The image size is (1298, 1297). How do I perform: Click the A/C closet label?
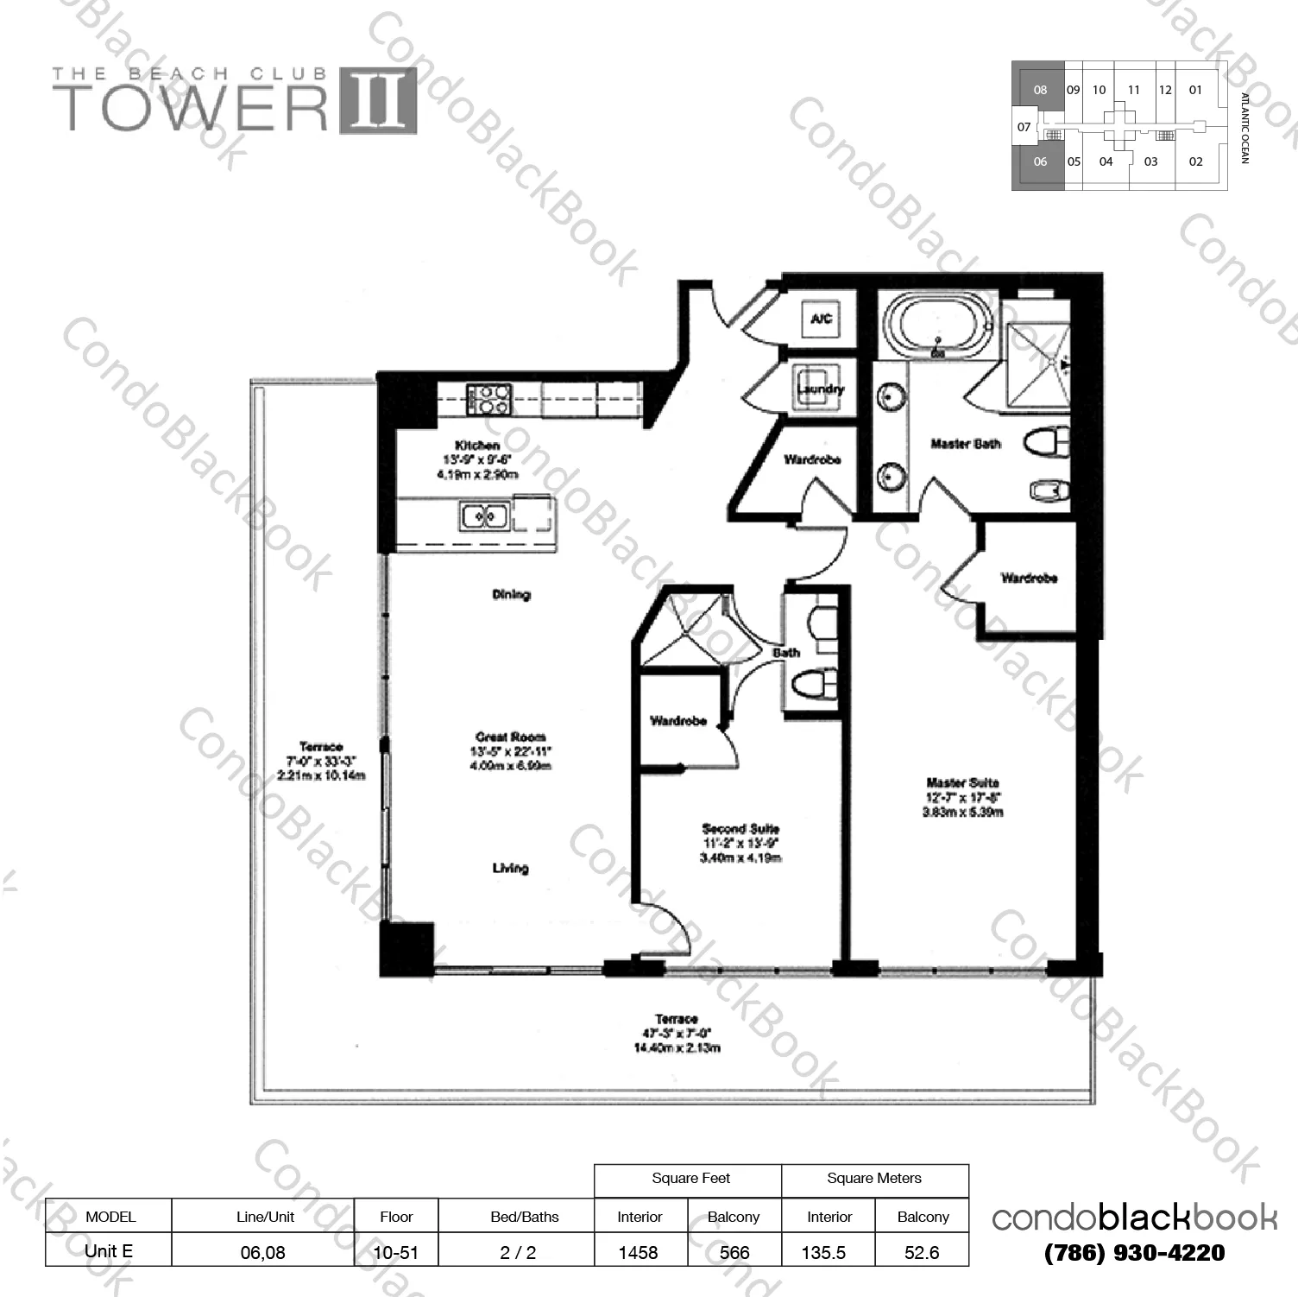pos(821,319)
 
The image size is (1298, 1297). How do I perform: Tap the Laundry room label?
pos(820,389)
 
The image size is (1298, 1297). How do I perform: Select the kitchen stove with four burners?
pos(489,400)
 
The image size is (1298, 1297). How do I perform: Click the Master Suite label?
pos(962,782)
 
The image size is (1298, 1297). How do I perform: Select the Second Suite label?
pos(740,828)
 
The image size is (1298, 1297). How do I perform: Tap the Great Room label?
pos(511,737)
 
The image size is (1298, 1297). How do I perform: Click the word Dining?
pos(511,594)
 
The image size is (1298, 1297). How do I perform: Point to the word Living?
pos(510,868)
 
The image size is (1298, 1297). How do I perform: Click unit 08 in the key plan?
pos(1040,90)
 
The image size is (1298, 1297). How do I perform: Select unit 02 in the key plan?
pos(1195,161)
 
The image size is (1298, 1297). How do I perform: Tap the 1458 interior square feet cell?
pos(639,1252)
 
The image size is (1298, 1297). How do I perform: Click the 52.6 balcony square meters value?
pos(922,1252)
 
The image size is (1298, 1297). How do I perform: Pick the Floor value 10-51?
pos(396,1252)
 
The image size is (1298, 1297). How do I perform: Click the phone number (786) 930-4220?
pos(1134,1252)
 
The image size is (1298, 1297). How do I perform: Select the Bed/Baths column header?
pos(524,1217)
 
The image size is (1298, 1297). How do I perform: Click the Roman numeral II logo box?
pos(378,102)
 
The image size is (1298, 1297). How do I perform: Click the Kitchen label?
pos(477,445)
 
